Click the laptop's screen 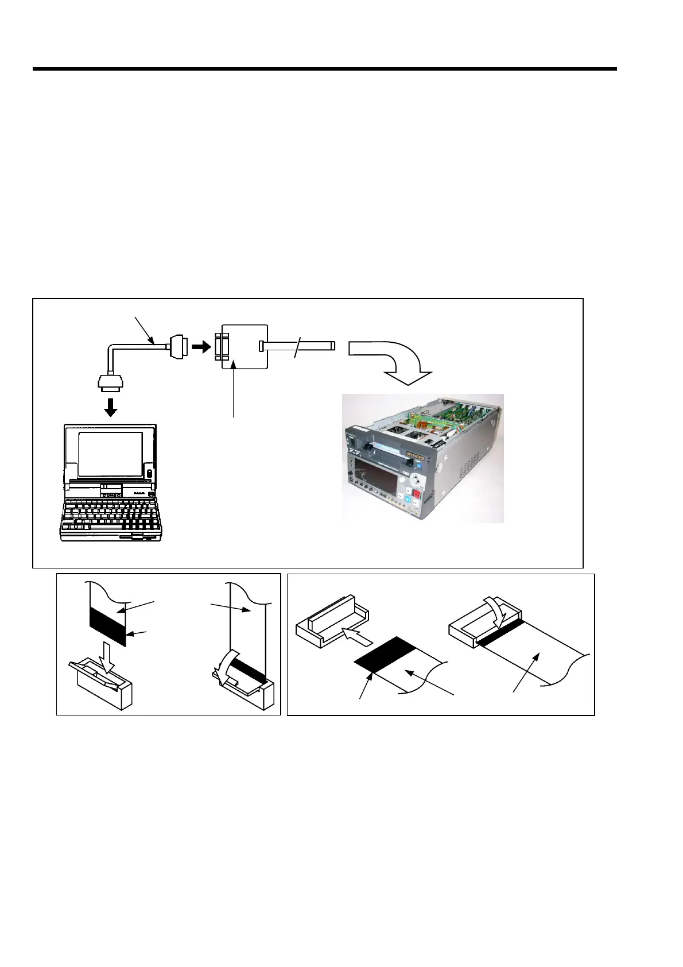[x=110, y=454]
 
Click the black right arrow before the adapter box [x=201, y=347]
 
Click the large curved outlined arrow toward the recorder [x=396, y=359]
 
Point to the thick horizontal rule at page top [x=324, y=69]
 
